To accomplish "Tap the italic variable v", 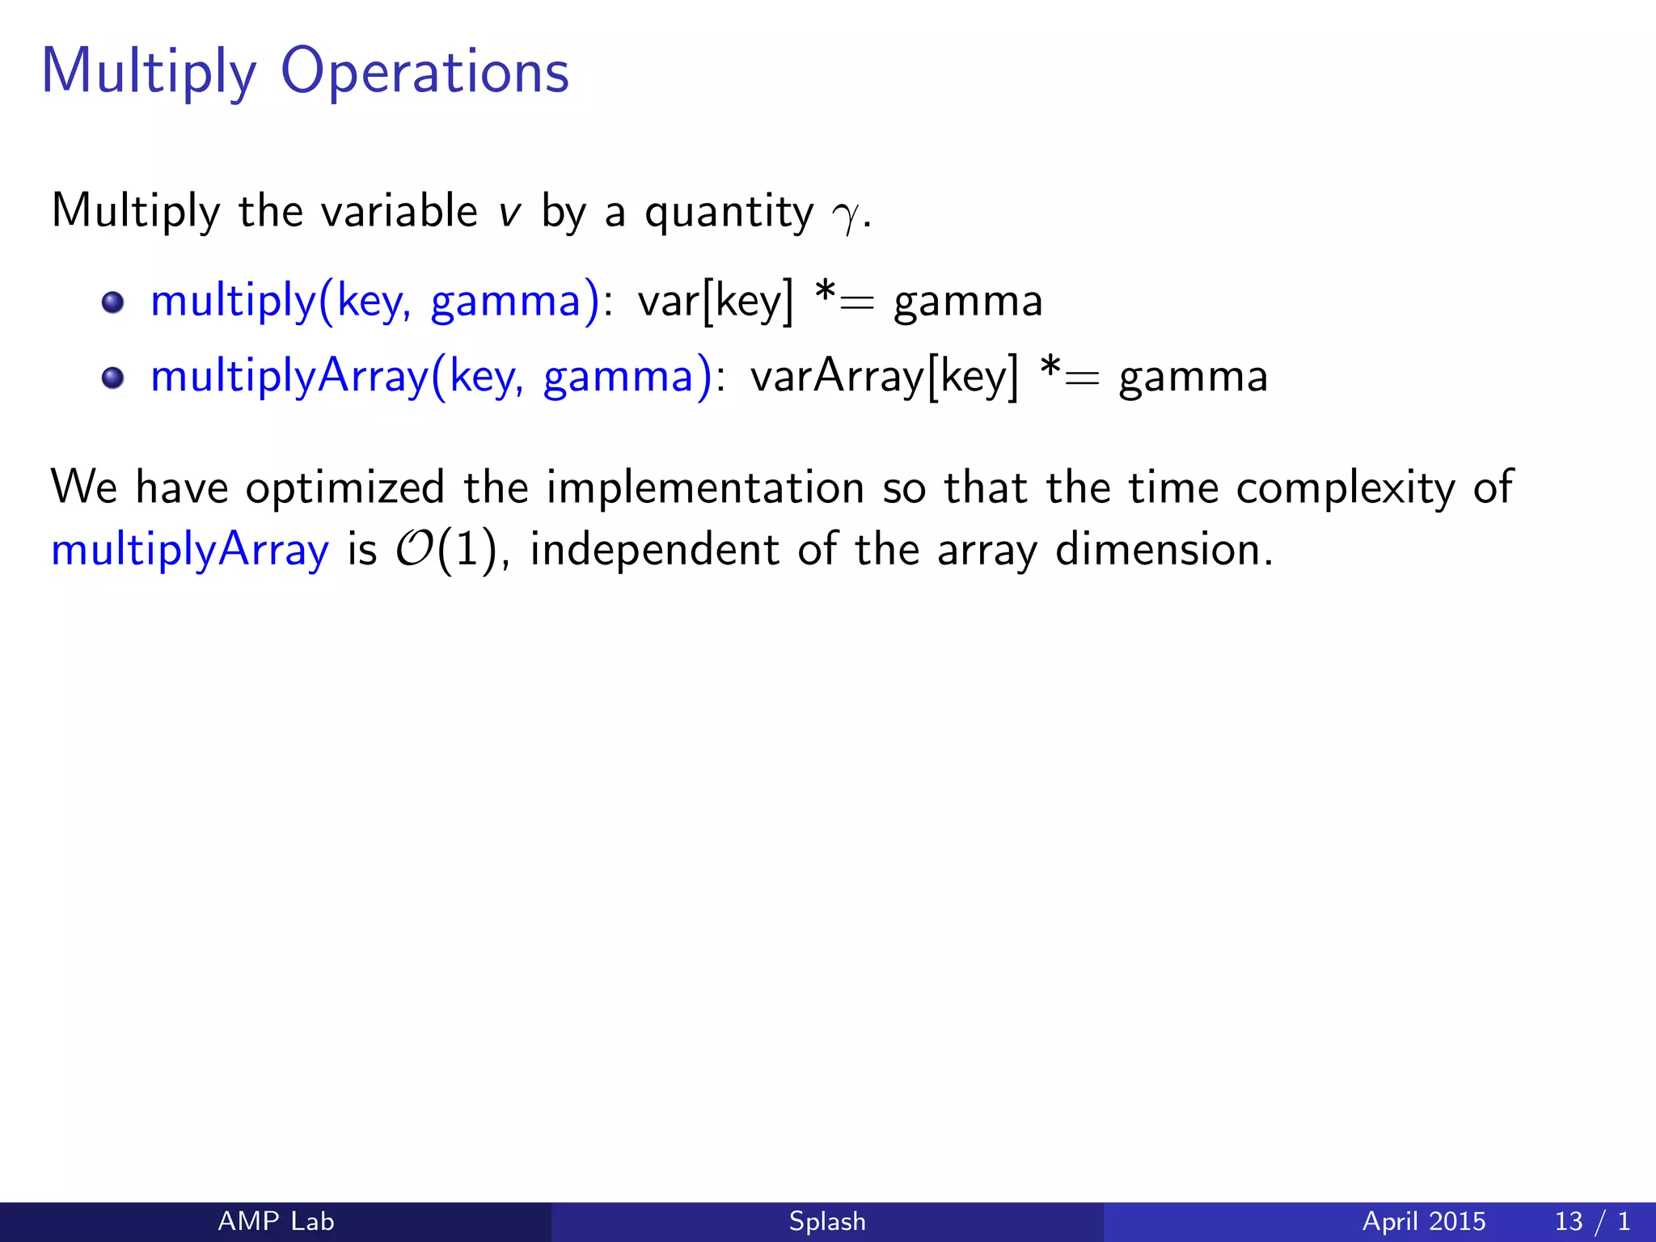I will (x=509, y=213).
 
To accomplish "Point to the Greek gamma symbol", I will (x=846, y=214).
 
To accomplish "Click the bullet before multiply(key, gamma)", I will (x=113, y=302).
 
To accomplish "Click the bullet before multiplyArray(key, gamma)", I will (x=113, y=378).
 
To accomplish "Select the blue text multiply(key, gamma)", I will (x=375, y=302).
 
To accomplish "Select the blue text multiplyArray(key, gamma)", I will (x=432, y=377).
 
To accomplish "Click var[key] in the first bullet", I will (x=716, y=302).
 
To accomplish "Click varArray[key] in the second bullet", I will (x=884, y=377).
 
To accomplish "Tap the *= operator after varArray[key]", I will (x=1070, y=375).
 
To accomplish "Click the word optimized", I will (x=345, y=488).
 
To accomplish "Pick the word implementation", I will (x=705, y=488).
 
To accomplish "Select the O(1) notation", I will (x=444, y=551).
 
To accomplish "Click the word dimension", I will (x=1164, y=551).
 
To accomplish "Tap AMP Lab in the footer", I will (x=276, y=1221).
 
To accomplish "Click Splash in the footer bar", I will (x=827, y=1221).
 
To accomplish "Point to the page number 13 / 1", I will (x=1591, y=1221).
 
